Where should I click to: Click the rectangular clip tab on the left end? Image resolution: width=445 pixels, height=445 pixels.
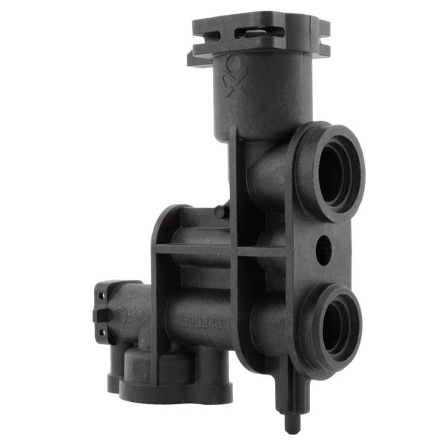102,315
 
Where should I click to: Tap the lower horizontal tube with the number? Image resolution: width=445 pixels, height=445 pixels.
208,311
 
